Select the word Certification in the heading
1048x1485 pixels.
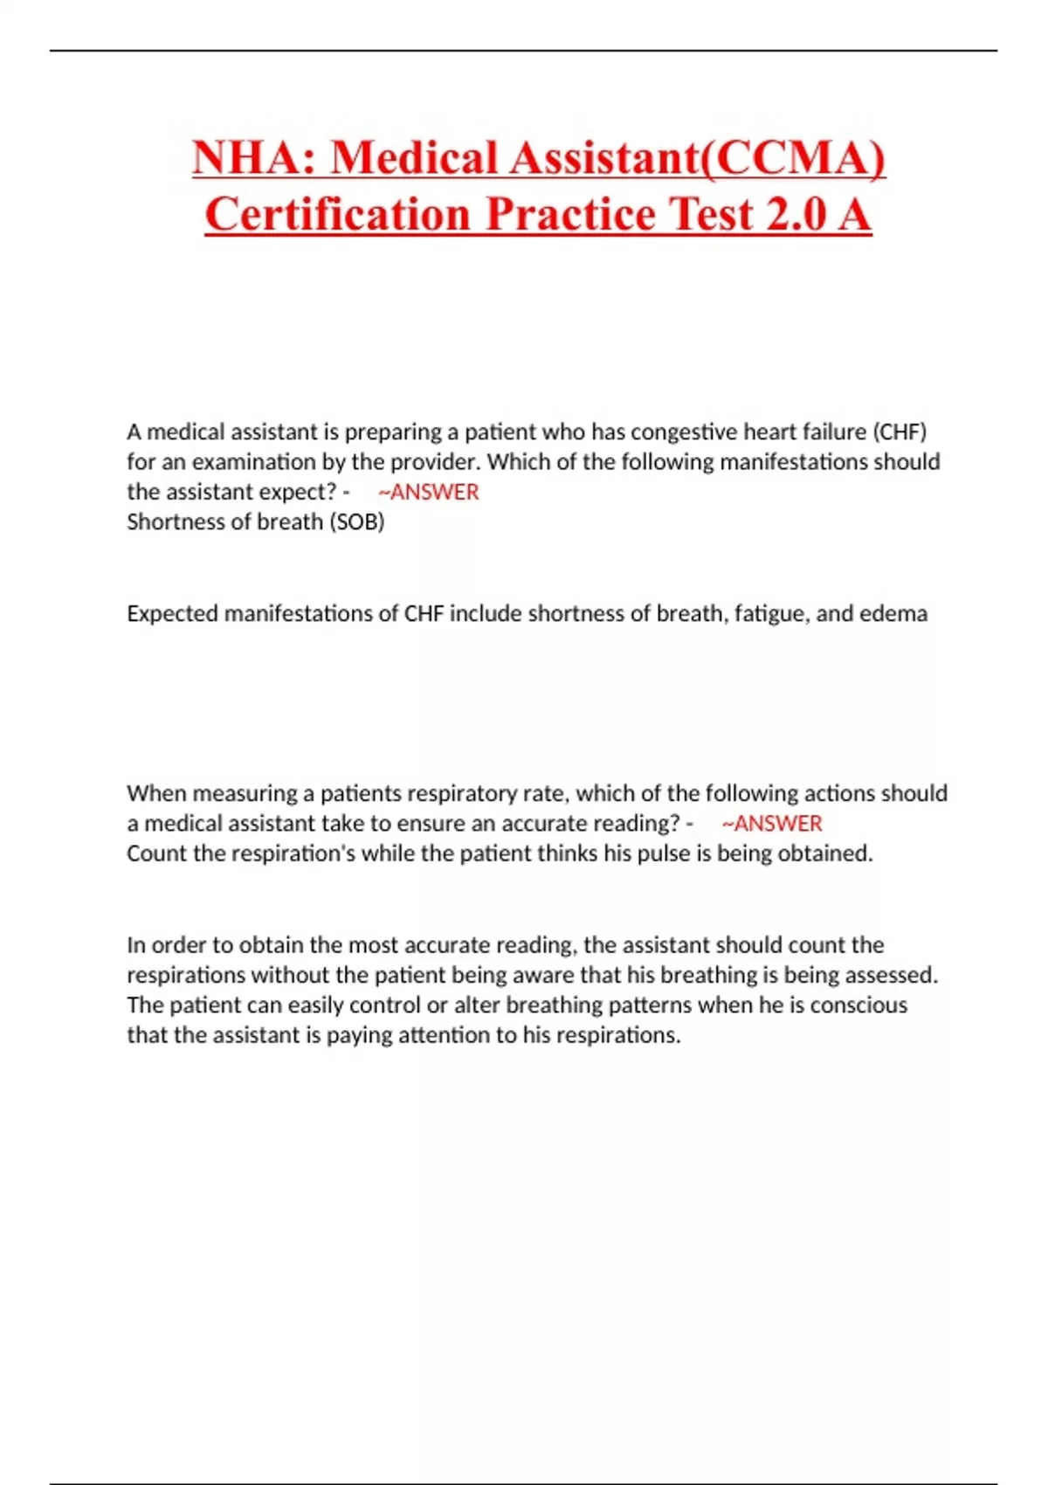point(338,214)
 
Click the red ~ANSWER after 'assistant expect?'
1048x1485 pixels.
point(429,492)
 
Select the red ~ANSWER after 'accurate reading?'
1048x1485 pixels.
point(772,823)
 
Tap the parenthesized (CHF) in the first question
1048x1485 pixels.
point(900,432)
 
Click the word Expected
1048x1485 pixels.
point(172,613)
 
